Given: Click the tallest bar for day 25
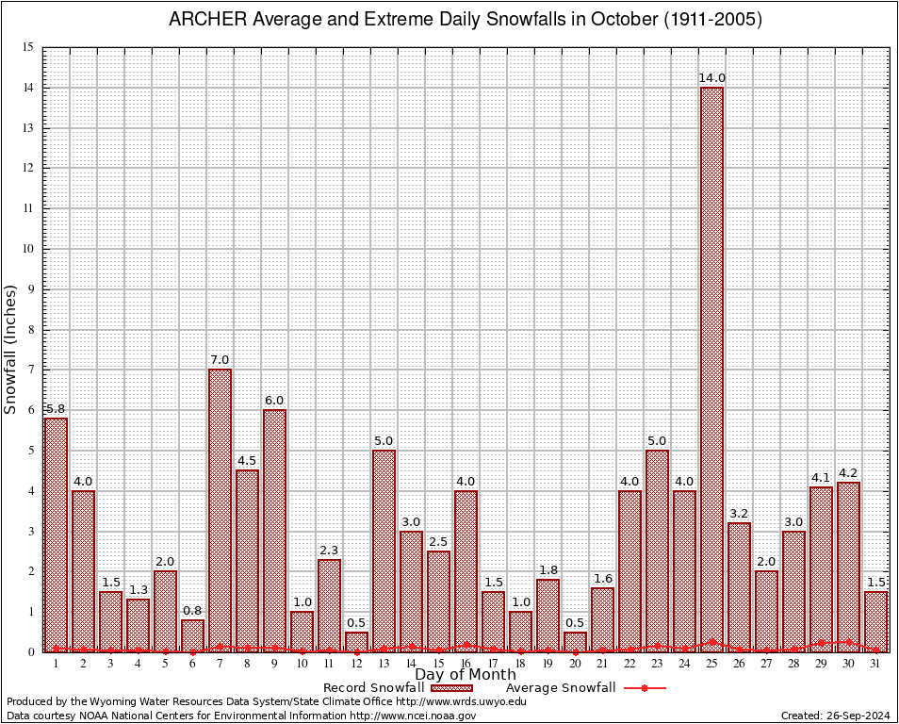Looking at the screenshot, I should (711, 368).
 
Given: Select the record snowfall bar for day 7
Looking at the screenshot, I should (220, 509).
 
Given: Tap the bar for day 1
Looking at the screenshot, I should (56, 534).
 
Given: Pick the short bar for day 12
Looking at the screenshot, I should (356, 641).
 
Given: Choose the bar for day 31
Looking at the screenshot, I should (875, 621).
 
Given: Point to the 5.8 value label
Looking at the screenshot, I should (56, 409).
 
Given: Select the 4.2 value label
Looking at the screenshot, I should (848, 473).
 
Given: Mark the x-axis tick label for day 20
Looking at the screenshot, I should (575, 664).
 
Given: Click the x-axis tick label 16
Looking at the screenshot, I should (466, 664).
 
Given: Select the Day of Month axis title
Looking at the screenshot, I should (466, 675).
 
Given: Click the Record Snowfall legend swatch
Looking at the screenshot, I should (452, 688).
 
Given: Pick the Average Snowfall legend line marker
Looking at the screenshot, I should (644, 688).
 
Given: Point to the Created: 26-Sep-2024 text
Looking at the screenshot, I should (836, 716).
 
